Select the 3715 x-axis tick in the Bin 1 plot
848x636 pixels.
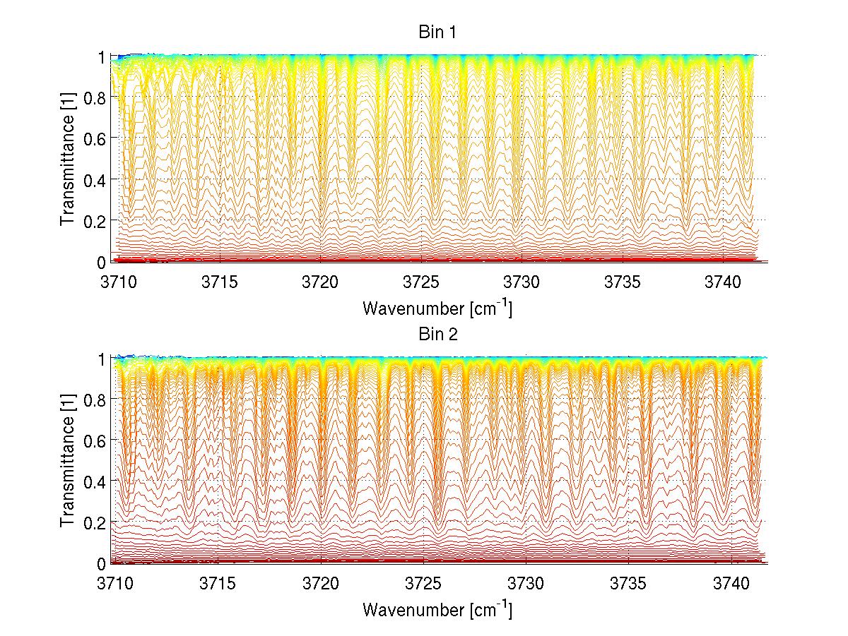point(219,282)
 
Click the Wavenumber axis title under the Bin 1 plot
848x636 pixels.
point(437,308)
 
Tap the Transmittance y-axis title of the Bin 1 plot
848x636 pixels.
point(68,159)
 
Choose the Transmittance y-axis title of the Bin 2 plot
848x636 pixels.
point(68,461)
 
